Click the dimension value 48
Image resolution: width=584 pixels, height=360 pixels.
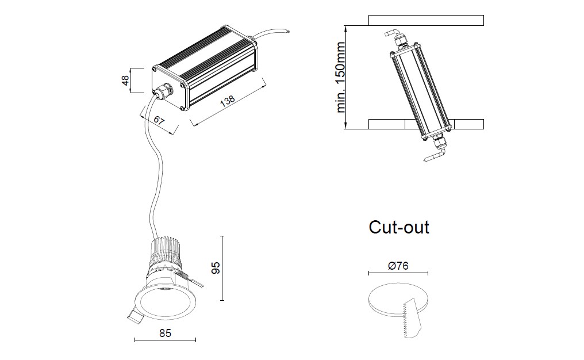[x=125, y=80]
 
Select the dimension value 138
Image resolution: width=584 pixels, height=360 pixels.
[x=228, y=102]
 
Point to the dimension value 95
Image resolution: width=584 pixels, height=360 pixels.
[x=215, y=268]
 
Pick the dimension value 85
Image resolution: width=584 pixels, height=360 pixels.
[x=164, y=333]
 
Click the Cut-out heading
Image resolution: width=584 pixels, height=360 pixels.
[x=399, y=227]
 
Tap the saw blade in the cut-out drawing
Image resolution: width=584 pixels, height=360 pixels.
[x=412, y=317]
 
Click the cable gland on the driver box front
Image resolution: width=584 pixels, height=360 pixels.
[x=163, y=90]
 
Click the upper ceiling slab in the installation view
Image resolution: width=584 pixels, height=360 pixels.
[x=425, y=21]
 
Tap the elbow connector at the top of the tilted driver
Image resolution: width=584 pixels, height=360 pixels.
[x=395, y=36]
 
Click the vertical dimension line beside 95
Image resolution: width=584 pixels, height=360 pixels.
[x=222, y=268]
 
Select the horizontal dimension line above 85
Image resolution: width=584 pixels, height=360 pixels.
[x=164, y=340]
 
